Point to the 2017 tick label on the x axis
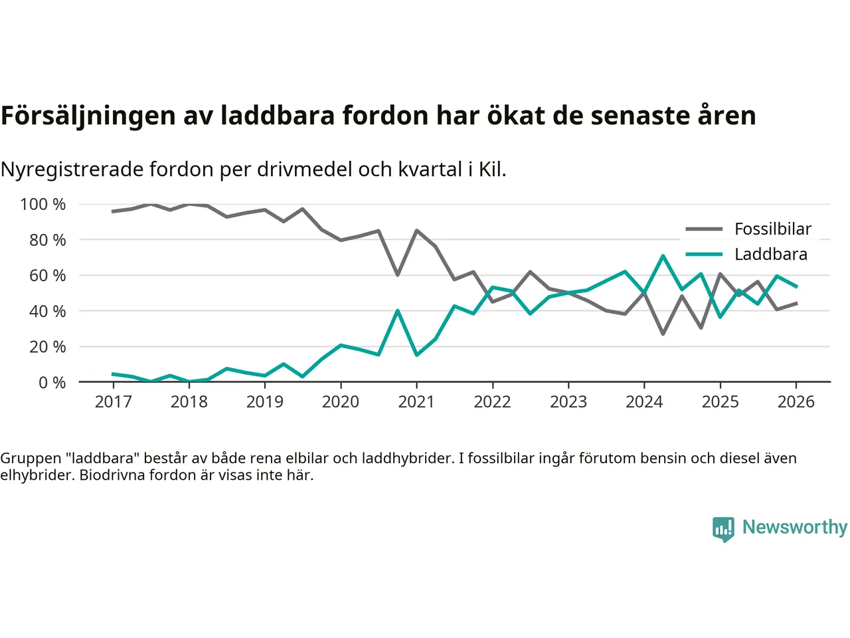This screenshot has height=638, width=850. tap(113, 402)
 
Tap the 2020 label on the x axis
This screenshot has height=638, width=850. tap(341, 402)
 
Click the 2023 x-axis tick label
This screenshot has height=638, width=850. tap(568, 402)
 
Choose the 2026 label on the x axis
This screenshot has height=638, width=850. tap(796, 402)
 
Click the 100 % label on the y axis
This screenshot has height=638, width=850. tap(43, 205)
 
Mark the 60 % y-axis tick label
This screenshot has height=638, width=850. tap(47, 276)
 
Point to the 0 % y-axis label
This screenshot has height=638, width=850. tap(52, 383)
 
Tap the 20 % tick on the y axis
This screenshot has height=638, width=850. tap(47, 347)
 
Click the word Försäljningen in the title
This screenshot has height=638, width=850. tap(88, 116)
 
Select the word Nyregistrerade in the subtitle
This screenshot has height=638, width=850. tap(72, 170)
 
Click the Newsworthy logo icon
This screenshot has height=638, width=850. tap(723, 529)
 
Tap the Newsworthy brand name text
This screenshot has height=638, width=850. tap(794, 527)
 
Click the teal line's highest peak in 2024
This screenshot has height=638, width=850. tap(663, 256)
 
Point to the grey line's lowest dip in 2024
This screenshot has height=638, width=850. tap(663, 334)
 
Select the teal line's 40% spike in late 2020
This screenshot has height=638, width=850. tap(397, 310)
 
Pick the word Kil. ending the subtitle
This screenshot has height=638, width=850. tap(492, 170)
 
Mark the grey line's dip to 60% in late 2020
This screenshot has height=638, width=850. tap(397, 274)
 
